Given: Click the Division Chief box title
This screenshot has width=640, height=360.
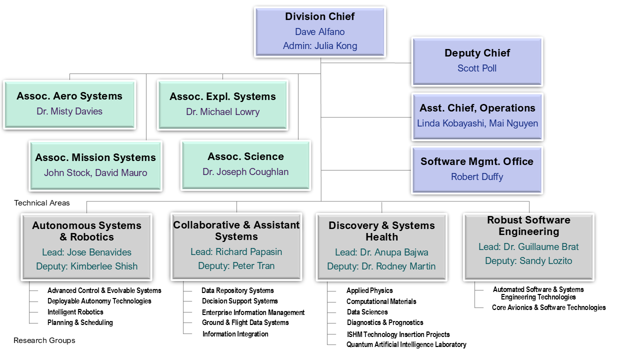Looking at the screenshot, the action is [319, 16].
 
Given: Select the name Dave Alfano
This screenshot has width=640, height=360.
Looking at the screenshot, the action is [319, 31].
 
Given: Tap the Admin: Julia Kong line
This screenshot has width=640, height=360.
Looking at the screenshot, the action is [320, 45].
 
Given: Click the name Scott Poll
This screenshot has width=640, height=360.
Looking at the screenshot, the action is [477, 68].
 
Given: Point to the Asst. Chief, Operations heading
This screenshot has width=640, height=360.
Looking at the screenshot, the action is [477, 108].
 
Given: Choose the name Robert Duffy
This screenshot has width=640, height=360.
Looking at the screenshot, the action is [477, 177].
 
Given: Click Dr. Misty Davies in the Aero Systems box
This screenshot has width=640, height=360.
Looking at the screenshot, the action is [69, 111].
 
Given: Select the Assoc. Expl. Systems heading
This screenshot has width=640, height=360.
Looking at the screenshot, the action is [222, 96].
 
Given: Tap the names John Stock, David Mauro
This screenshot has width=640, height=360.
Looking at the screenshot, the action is [95, 173].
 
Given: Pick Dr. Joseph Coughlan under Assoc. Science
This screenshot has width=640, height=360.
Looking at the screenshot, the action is [245, 172].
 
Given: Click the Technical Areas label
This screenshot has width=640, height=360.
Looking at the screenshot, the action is [42, 203].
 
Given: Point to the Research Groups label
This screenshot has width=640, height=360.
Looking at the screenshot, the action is [44, 340].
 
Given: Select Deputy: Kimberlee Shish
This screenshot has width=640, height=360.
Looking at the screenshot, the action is [87, 266].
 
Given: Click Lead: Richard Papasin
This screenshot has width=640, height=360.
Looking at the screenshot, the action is [236, 251].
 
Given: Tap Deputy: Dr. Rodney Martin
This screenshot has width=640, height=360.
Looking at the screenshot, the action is [381, 266].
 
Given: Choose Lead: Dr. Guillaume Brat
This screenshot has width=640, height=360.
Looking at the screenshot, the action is [528, 247].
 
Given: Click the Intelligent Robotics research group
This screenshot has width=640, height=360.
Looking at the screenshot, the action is [75, 312].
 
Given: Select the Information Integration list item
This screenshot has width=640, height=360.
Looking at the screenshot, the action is [235, 334].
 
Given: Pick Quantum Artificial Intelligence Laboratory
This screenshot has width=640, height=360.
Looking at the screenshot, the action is [406, 344].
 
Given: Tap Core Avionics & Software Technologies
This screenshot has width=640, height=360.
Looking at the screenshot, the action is [548, 307].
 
